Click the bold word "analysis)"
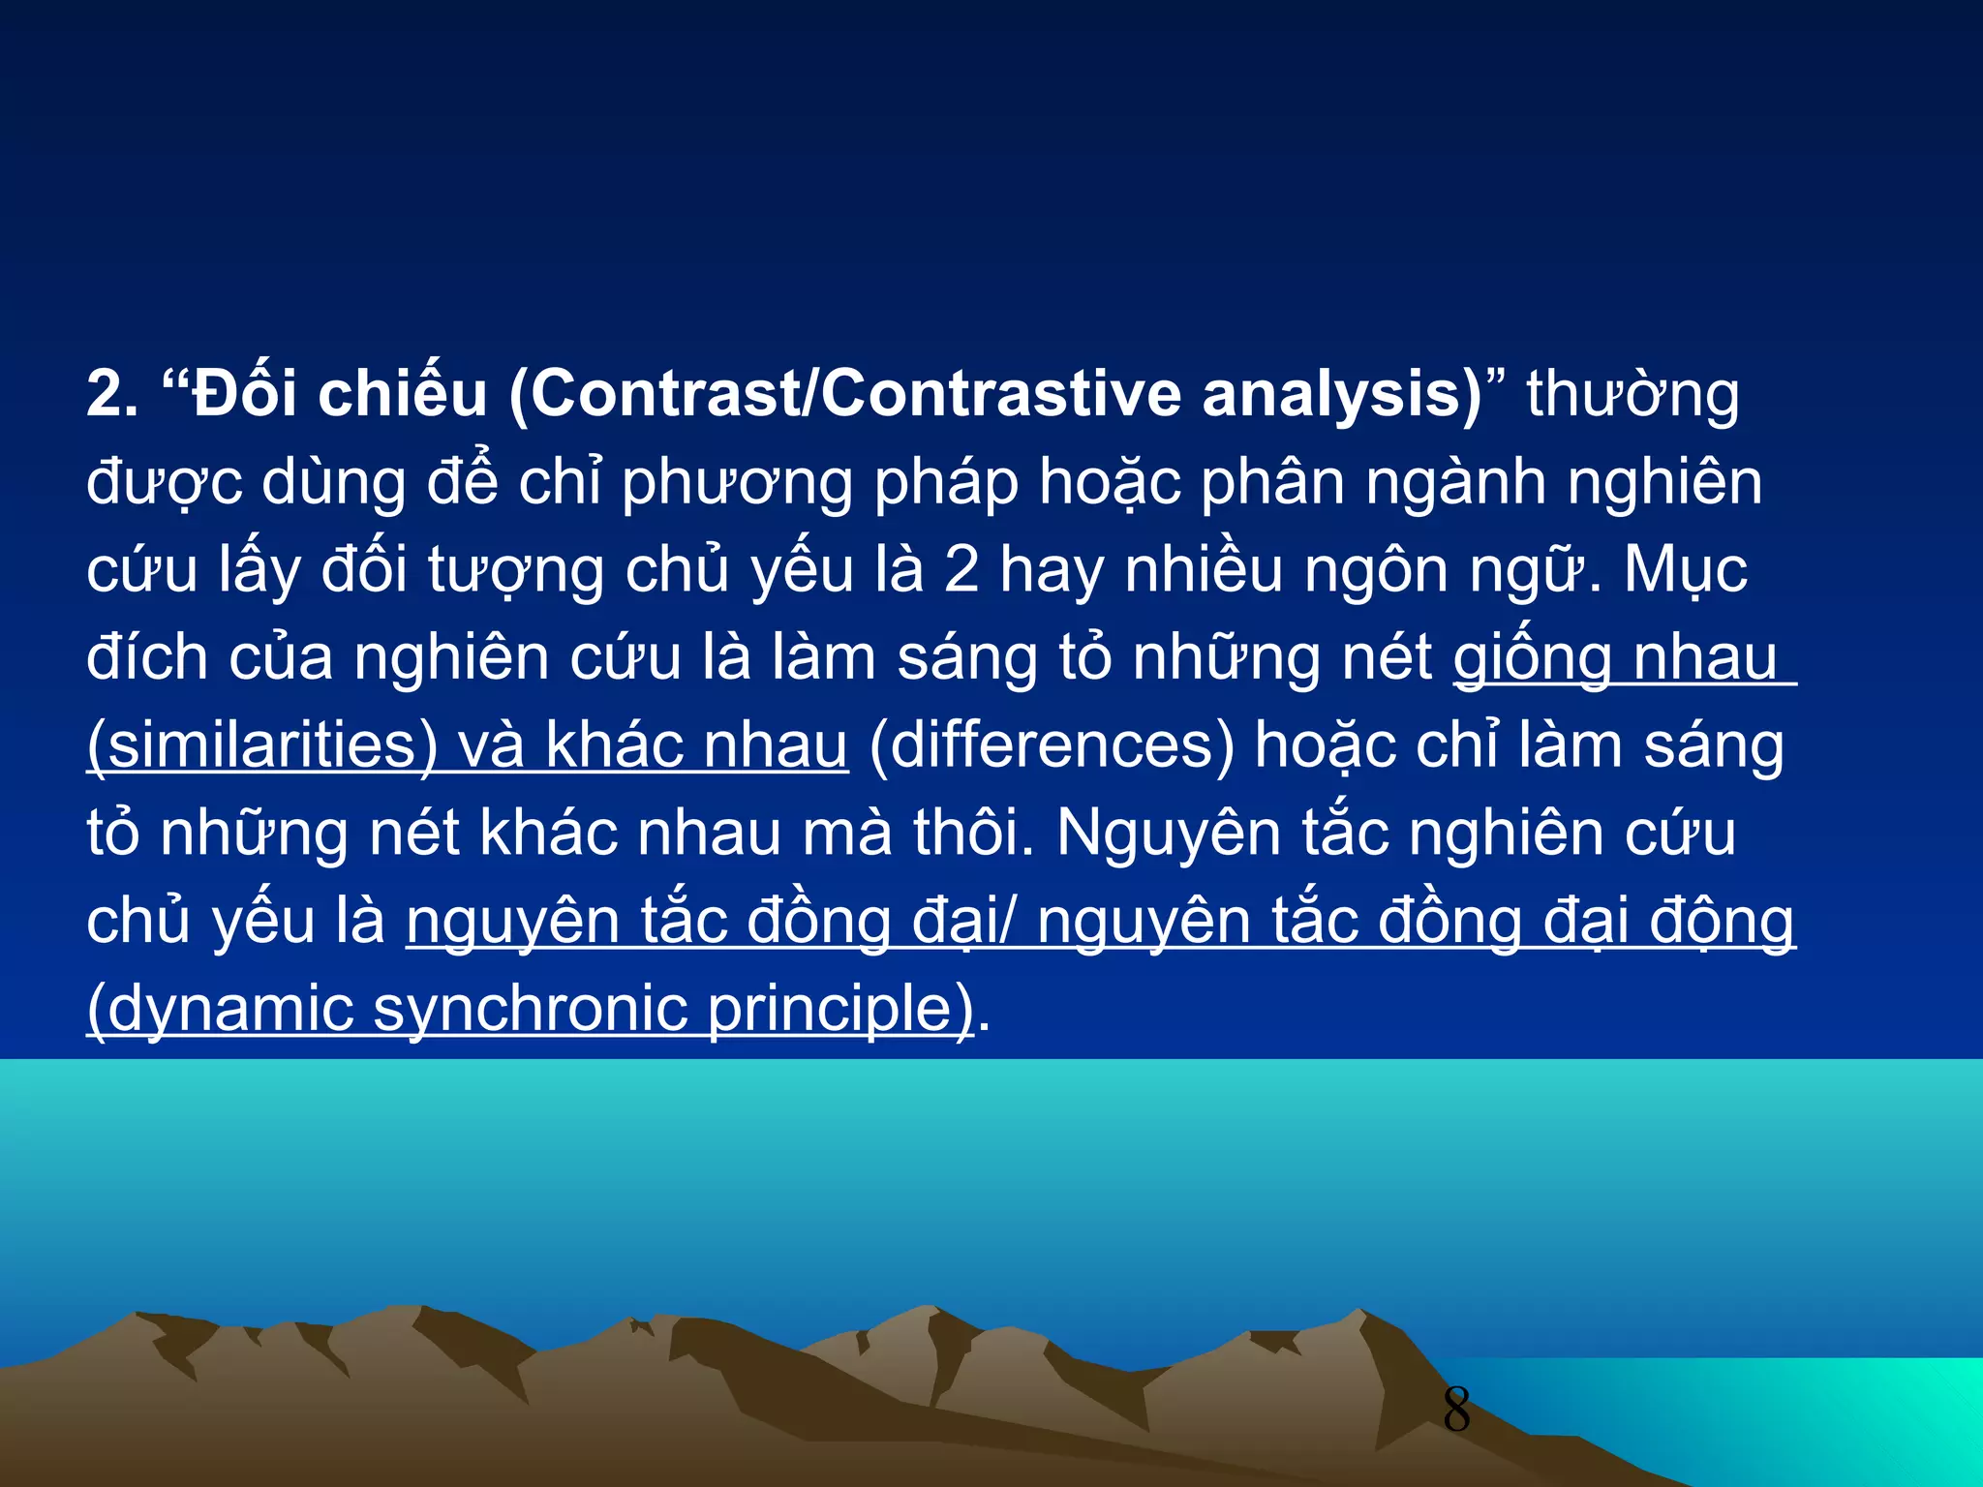click(1342, 395)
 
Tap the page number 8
click(1456, 1410)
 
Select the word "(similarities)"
click(262, 745)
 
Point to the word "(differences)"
click(1052, 745)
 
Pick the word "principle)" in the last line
click(840, 1009)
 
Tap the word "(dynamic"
click(221, 1009)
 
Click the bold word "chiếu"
click(403, 395)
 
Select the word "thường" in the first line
click(1632, 395)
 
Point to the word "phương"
click(737, 482)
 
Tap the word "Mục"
click(1686, 570)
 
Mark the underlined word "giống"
click(1532, 658)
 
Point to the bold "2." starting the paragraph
click(112, 395)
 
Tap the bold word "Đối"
click(244, 395)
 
